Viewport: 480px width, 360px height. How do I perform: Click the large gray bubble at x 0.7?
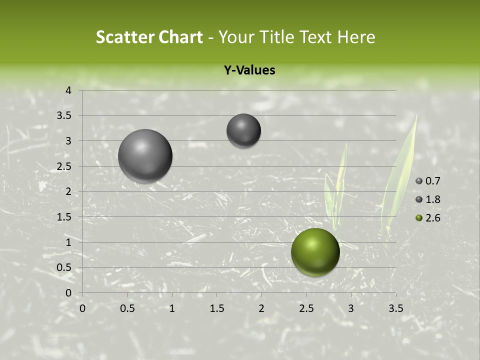click(145, 156)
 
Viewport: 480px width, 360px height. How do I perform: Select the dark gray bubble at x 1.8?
click(243, 130)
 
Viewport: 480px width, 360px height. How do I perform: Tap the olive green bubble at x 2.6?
click(315, 252)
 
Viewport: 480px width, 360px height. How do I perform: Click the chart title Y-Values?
click(249, 70)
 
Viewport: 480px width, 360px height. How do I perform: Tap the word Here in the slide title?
click(356, 37)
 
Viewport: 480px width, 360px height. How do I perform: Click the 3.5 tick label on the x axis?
click(395, 308)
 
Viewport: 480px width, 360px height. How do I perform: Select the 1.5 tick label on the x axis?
click(216, 308)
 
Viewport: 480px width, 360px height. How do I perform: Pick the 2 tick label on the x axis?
click(261, 308)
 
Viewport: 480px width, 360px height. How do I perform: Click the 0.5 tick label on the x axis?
click(127, 308)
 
